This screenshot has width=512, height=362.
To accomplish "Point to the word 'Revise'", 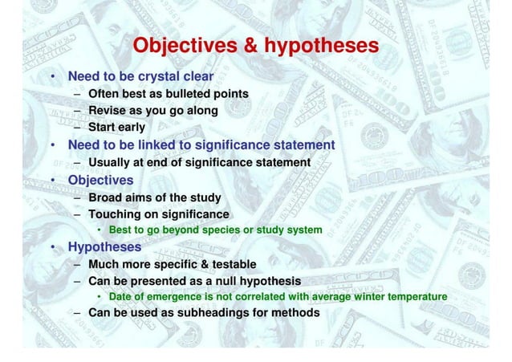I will point(109,110).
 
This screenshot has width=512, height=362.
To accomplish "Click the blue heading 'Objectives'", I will point(100,179).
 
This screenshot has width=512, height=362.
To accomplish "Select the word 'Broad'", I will point(108,197).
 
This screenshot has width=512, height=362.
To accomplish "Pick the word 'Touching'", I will point(117,214).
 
